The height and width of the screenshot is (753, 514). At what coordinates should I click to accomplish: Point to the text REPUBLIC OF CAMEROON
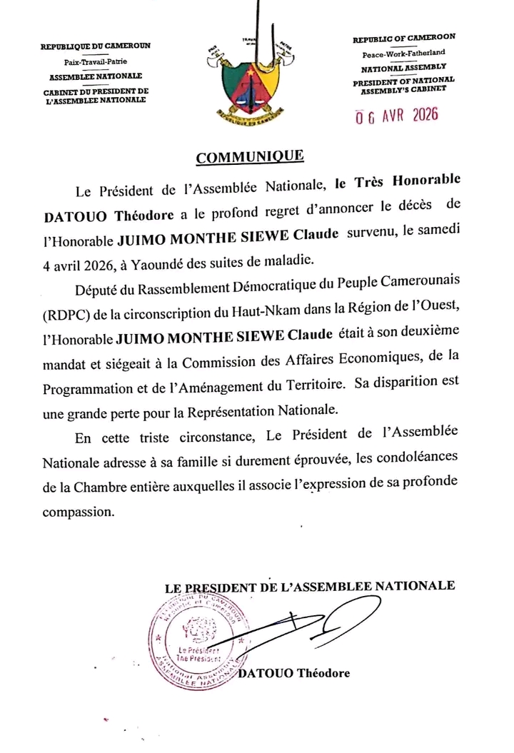click(404, 38)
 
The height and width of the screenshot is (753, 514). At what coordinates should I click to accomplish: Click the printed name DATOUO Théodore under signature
click(295, 674)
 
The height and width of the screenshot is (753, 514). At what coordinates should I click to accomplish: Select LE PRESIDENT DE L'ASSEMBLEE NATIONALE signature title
click(309, 587)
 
